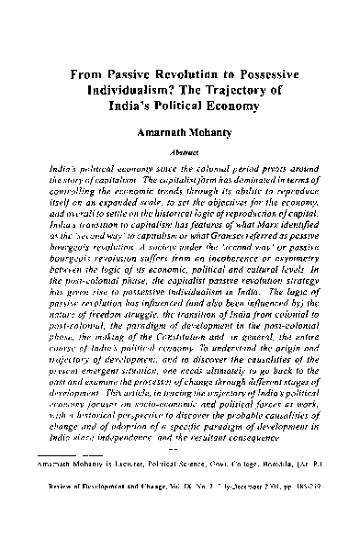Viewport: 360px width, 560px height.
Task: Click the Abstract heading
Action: pyautogui.click(x=181, y=153)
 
